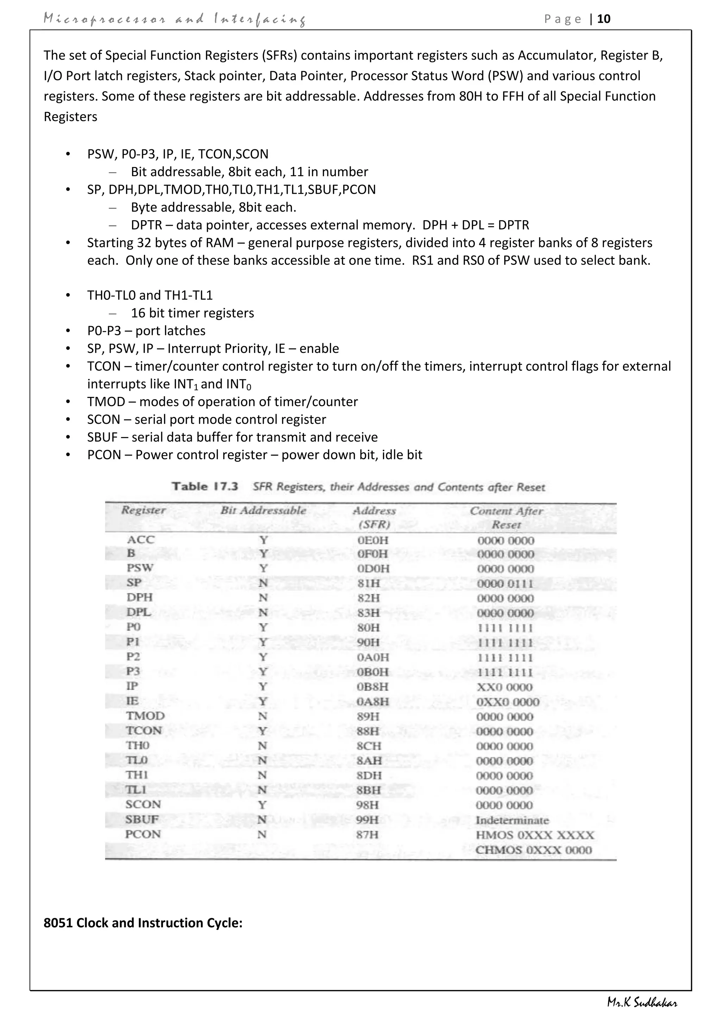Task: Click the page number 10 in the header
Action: click(x=604, y=19)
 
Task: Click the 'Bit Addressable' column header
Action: click(x=263, y=510)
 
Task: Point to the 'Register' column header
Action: click(x=143, y=510)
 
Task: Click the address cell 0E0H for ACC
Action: click(x=372, y=540)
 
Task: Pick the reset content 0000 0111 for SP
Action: click(x=505, y=583)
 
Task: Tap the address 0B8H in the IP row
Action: click(x=372, y=687)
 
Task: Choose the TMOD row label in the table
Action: click(x=145, y=716)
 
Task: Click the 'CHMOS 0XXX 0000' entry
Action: click(x=534, y=850)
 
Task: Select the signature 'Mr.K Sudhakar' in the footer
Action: click(x=642, y=1003)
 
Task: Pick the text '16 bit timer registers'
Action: click(x=192, y=313)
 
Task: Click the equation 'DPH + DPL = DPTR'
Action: click(x=476, y=225)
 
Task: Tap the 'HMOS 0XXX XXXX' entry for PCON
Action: click(x=534, y=835)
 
